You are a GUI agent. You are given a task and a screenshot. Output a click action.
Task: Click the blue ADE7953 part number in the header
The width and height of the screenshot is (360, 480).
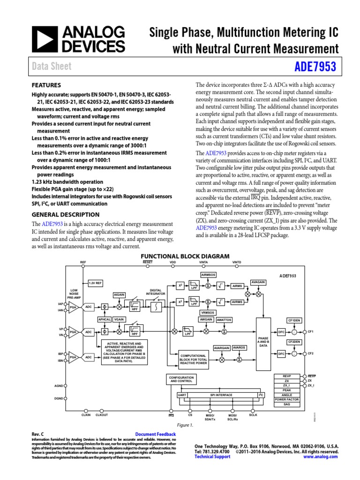(315, 67)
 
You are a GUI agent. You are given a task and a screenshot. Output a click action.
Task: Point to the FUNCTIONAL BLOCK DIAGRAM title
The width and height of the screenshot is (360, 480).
(186, 256)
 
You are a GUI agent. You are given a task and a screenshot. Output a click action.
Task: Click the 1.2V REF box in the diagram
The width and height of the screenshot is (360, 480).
(96, 283)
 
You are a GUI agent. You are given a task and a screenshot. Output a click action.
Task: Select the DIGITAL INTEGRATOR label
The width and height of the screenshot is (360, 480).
(156, 292)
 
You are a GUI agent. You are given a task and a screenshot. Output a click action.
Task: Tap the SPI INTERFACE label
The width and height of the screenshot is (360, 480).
(221, 395)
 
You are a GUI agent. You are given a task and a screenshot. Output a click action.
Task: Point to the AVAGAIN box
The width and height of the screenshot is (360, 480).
(258, 282)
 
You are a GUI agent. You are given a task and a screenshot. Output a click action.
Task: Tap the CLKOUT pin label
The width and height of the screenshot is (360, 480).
(102, 415)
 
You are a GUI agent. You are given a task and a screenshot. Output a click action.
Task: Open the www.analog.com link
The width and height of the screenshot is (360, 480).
(322, 456)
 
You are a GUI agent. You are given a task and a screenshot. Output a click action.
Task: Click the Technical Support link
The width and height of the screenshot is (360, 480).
(212, 456)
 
